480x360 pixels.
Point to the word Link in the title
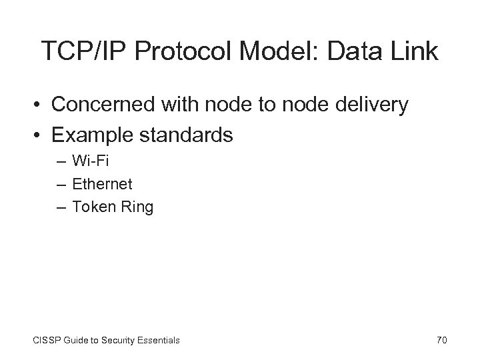414,51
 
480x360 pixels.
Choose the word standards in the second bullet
187,135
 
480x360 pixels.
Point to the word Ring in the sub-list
137,207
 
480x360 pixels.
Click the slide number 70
441,340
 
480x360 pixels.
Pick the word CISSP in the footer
46,340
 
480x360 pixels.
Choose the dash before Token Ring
61,207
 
